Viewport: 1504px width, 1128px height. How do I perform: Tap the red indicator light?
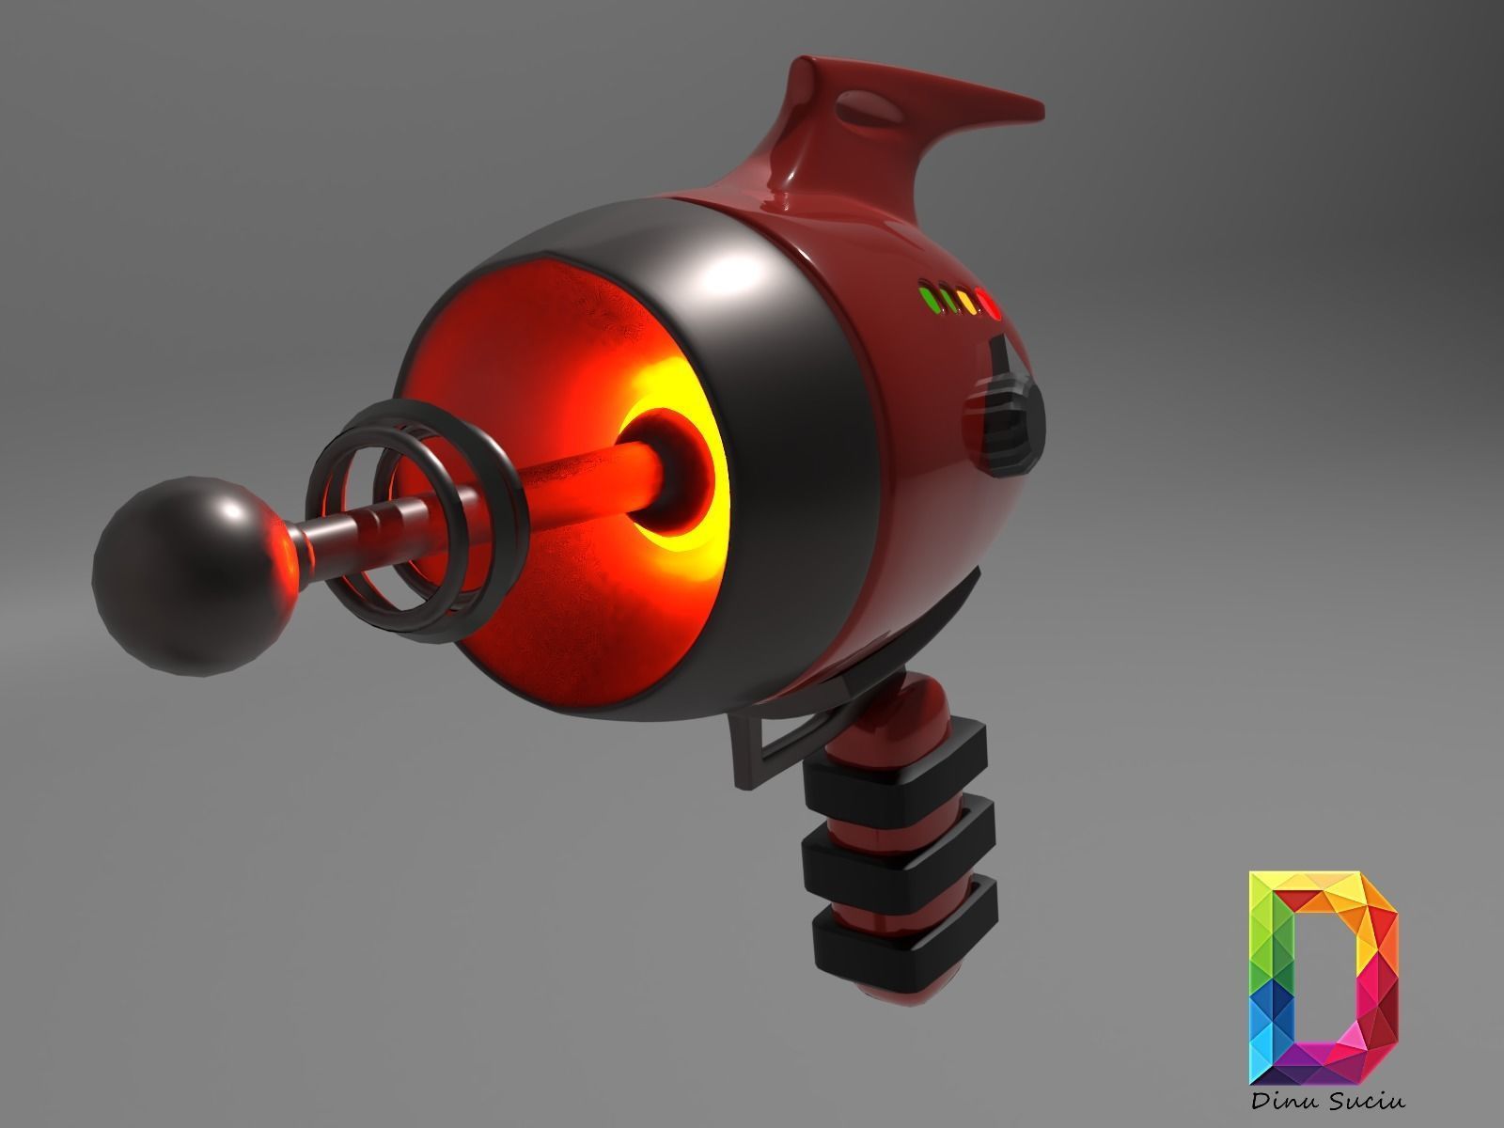click(988, 303)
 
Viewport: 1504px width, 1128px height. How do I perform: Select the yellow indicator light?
click(967, 303)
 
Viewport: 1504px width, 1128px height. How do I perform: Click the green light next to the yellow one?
click(947, 301)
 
